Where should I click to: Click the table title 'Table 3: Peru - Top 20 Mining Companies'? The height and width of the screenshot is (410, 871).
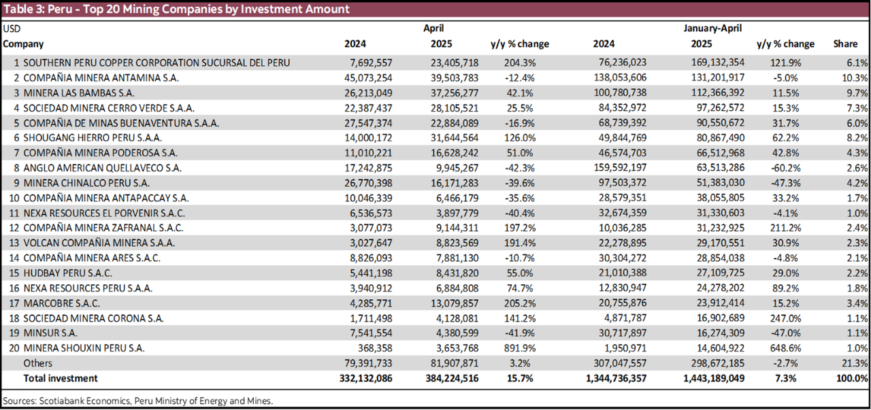pos(176,9)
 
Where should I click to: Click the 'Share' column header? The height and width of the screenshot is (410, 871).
pos(845,44)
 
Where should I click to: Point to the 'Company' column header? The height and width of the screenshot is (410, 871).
pos(23,44)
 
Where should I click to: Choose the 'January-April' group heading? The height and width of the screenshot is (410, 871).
pos(712,29)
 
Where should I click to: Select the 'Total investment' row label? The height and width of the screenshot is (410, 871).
pos(61,378)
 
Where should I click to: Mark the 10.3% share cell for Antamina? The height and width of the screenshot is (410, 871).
pos(855,78)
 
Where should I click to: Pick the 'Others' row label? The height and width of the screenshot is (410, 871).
pos(38,363)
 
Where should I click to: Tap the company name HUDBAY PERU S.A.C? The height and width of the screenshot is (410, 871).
pos(67,273)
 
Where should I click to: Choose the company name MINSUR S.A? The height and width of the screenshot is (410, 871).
pos(50,332)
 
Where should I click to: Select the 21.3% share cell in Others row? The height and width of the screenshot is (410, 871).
pos(855,363)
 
